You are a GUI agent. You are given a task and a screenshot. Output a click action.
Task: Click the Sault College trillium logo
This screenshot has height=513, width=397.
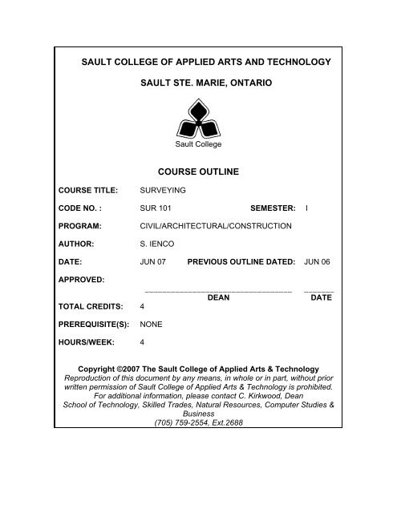point(198,119)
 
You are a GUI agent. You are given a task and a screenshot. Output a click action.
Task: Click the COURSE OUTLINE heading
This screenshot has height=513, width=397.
point(198,171)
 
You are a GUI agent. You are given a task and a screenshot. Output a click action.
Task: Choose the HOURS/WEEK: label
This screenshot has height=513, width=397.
point(86,341)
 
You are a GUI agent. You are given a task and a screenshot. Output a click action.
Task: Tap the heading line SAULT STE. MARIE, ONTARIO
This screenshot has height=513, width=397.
point(198,83)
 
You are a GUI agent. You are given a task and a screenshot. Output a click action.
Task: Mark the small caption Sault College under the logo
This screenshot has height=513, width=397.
point(198,144)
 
